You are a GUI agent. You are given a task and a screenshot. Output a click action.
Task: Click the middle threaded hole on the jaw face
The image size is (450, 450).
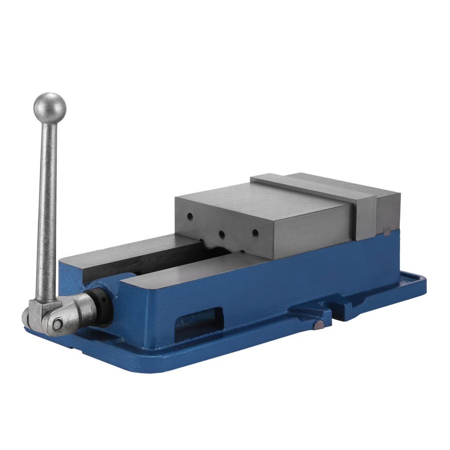[222, 234]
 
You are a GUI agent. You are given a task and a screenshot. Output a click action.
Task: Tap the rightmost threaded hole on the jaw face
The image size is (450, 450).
[255, 233]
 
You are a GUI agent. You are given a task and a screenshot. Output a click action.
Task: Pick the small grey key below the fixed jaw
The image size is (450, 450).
[387, 232]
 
